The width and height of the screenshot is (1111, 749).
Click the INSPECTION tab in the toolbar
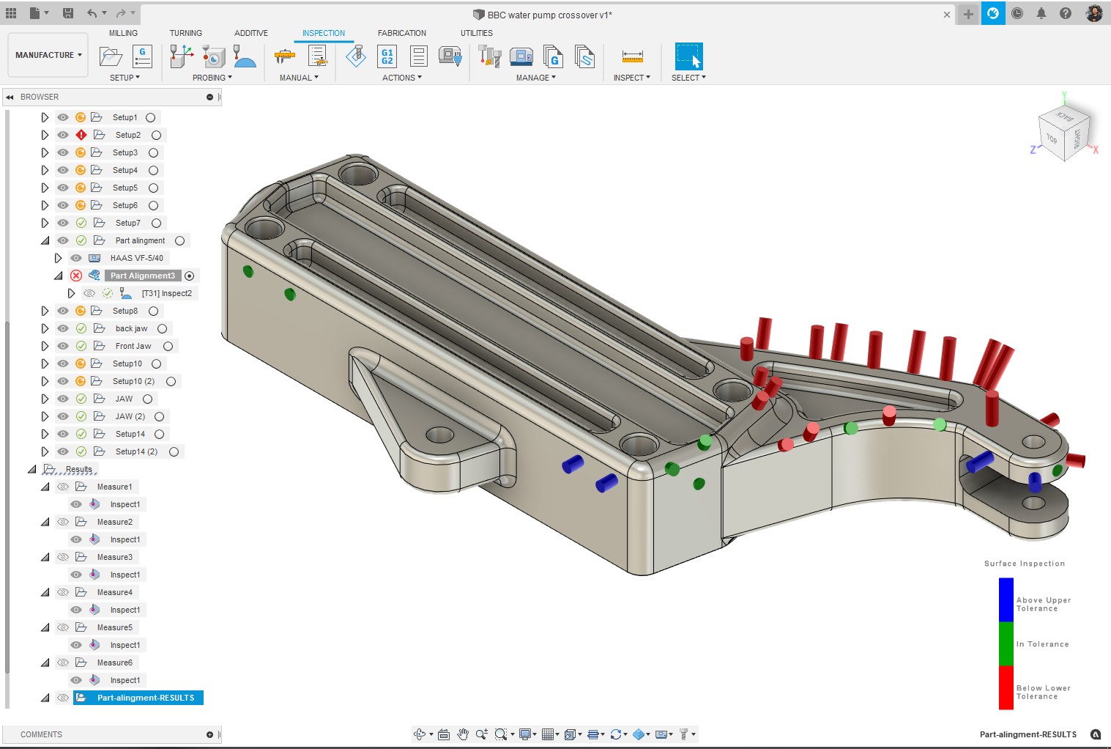(323, 33)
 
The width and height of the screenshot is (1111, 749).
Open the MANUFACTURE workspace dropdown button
(48, 55)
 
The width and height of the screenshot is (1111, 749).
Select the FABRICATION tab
(401, 33)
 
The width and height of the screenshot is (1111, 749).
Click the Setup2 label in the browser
(127, 135)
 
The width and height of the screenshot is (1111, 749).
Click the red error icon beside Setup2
(81, 135)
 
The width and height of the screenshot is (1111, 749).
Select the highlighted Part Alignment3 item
(143, 276)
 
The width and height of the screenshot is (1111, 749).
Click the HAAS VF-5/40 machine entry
(136, 258)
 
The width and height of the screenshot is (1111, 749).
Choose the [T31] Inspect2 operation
(166, 293)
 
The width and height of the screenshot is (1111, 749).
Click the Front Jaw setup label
(133, 346)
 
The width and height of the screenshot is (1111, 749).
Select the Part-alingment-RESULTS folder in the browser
(145, 698)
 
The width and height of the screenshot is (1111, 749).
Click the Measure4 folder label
(114, 592)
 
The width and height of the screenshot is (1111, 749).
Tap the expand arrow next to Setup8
(45, 311)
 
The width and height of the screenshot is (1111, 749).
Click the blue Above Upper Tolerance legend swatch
(1006, 599)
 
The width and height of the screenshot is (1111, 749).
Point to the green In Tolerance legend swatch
(1006, 643)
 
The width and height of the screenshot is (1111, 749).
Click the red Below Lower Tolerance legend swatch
(1006, 687)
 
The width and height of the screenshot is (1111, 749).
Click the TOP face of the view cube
(1052, 139)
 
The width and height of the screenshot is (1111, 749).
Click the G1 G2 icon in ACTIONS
(387, 56)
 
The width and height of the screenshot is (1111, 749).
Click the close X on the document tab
(946, 15)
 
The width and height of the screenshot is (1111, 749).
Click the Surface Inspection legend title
(1024, 564)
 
